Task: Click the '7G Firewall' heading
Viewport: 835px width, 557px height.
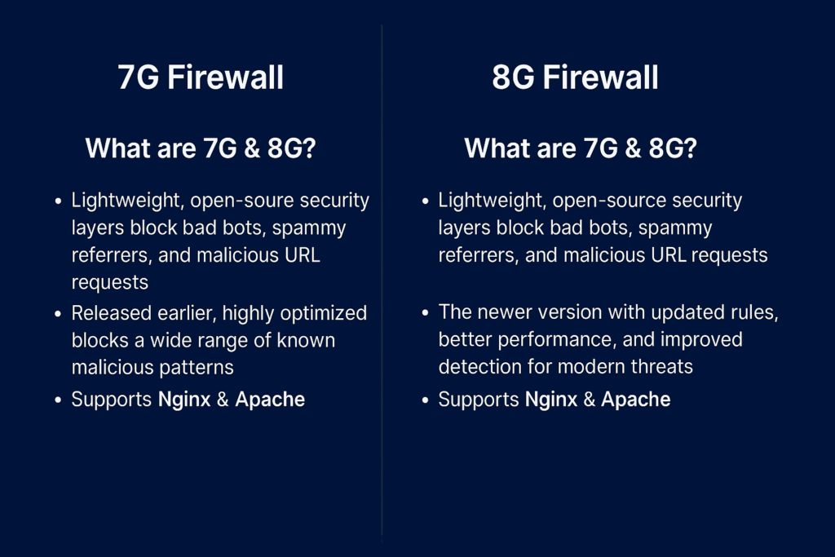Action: point(201,77)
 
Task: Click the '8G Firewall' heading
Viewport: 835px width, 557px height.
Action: point(575,77)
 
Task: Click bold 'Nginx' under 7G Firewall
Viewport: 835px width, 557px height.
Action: point(184,400)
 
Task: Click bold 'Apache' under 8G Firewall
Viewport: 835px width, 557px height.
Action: point(636,400)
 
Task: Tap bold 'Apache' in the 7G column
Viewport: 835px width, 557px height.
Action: point(270,400)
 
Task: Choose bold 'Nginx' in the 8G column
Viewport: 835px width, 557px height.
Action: point(551,400)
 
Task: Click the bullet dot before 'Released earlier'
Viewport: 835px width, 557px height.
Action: point(58,314)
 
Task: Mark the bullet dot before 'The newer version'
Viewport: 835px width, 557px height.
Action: point(425,312)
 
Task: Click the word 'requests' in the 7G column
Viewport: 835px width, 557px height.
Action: point(110,283)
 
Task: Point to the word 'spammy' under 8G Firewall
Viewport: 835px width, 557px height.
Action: point(675,228)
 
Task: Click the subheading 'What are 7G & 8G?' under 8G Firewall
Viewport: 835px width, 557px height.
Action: point(581,148)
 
